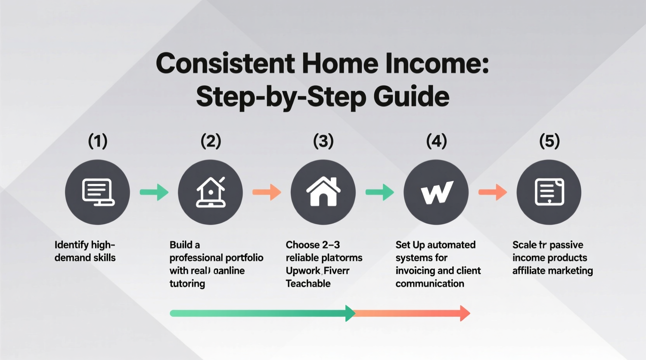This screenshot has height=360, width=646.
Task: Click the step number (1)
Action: [x=97, y=141]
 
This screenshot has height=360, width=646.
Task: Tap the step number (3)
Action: [x=323, y=141]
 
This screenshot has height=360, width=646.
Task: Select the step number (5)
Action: [x=549, y=141]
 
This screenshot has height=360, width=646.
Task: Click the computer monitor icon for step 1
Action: [x=97, y=192]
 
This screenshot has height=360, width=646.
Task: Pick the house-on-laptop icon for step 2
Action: [x=210, y=192]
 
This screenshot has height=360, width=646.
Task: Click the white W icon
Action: [x=436, y=192]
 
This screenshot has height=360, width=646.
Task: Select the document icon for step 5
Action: [x=549, y=192]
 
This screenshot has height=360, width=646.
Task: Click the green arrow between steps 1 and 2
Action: [x=154, y=192]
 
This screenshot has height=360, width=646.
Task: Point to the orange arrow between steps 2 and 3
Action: [x=267, y=192]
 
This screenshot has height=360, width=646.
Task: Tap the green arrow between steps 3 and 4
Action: [x=380, y=192]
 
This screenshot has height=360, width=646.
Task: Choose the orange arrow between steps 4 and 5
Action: [x=493, y=192]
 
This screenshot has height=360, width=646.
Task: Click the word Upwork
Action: [x=303, y=271]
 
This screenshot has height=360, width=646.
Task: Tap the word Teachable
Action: [x=308, y=284]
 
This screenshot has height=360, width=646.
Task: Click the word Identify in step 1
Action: [x=71, y=245]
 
